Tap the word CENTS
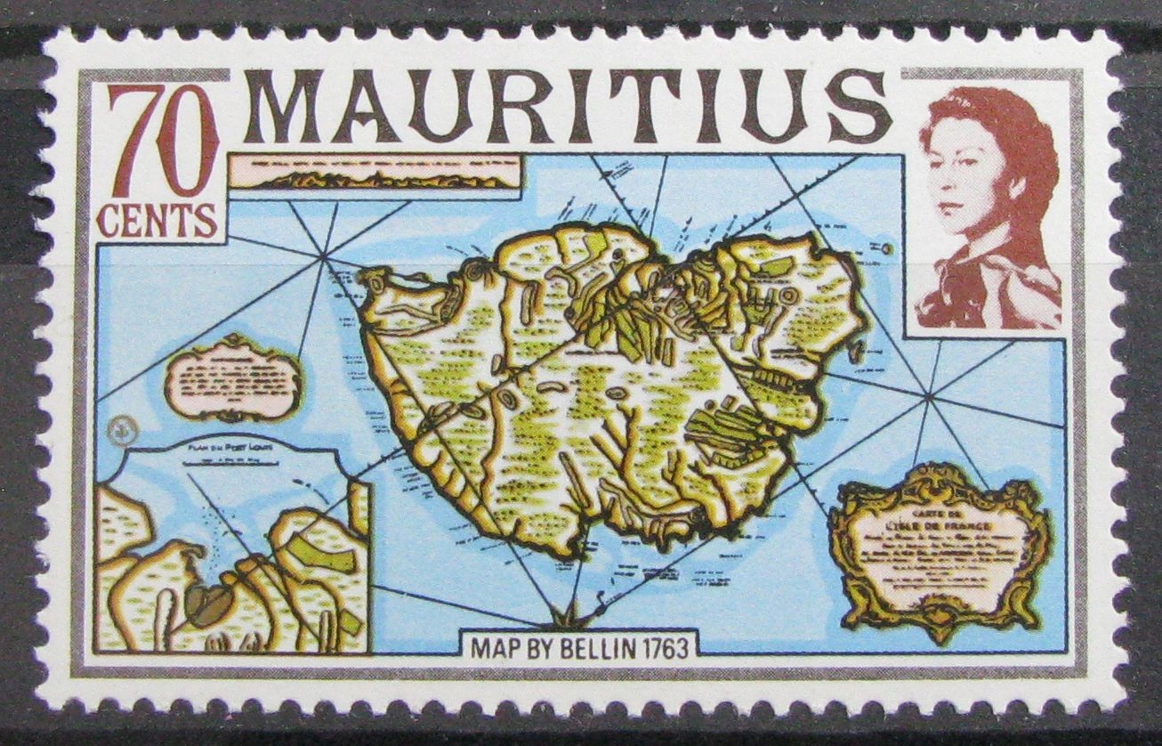tap(157, 221)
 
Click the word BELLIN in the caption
tap(584, 648)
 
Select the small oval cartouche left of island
tap(233, 377)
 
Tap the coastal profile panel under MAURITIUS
tap(374, 172)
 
